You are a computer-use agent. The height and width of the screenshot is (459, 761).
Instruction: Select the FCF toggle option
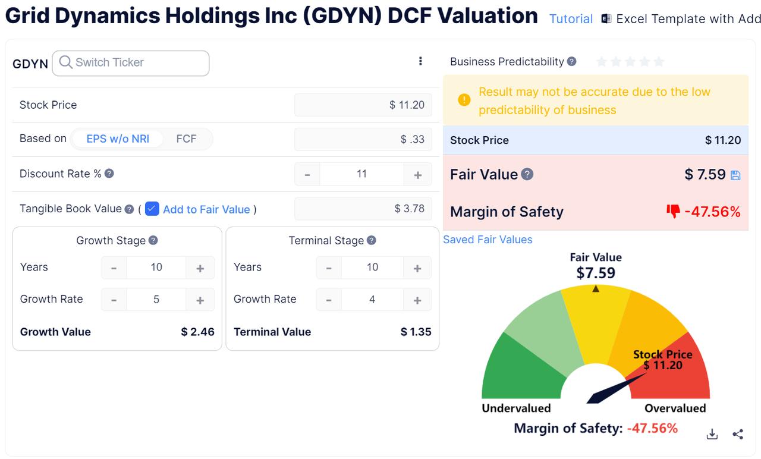click(x=186, y=139)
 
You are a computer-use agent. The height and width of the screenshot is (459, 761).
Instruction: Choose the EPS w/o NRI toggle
click(x=118, y=139)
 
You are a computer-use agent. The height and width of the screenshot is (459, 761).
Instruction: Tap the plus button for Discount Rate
click(x=418, y=175)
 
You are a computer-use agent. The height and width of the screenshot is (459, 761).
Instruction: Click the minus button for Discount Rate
click(x=307, y=175)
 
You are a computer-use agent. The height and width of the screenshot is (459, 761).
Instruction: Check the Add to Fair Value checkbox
click(x=152, y=209)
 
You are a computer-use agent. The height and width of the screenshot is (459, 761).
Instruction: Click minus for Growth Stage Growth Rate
click(x=114, y=300)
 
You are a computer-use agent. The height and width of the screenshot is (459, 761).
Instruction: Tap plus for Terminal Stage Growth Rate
click(x=417, y=300)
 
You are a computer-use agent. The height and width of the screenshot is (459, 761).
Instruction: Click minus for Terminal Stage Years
click(x=329, y=268)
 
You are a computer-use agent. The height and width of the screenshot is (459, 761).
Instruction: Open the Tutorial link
click(x=571, y=19)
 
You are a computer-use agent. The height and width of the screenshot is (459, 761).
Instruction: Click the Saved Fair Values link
click(x=488, y=240)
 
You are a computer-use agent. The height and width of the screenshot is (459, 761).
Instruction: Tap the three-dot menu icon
click(x=420, y=61)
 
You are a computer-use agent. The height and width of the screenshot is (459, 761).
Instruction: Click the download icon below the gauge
click(x=712, y=435)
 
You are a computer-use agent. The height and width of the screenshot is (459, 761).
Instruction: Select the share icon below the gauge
click(x=738, y=435)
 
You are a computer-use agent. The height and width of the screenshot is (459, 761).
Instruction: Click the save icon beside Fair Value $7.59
click(x=735, y=175)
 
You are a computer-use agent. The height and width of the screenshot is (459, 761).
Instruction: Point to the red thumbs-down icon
click(x=673, y=211)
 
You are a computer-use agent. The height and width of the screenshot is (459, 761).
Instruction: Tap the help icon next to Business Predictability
click(x=571, y=61)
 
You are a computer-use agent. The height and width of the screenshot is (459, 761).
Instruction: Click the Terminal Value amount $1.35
click(x=416, y=332)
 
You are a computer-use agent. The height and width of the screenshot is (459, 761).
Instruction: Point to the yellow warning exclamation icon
click(x=464, y=100)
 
